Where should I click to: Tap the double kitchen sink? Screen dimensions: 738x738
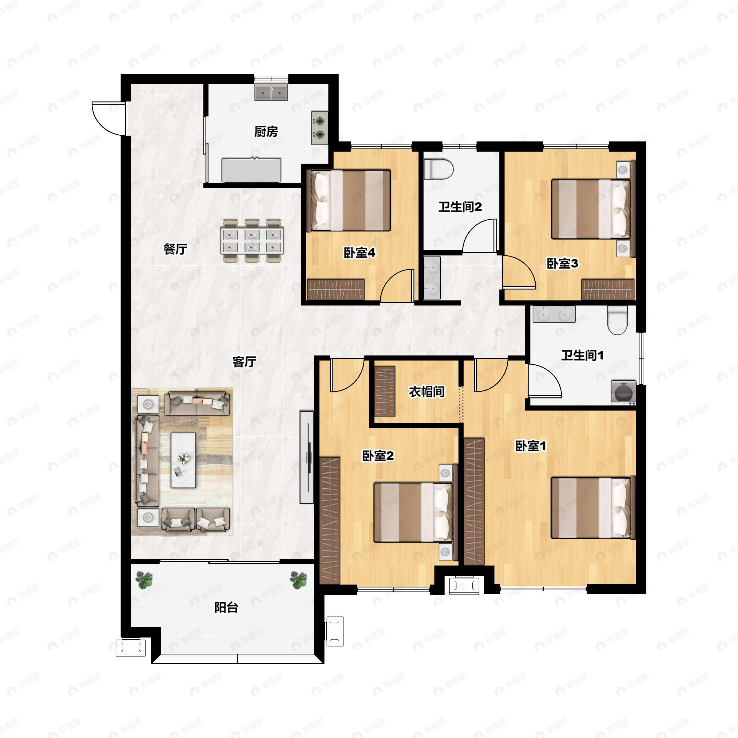pos(271,92)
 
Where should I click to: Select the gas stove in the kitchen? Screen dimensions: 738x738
pos(319,128)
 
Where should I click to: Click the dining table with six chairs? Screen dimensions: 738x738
pos(252,241)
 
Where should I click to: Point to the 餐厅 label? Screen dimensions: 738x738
pos(175,249)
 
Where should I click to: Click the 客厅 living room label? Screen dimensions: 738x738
pos(244,361)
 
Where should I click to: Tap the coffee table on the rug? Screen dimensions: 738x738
pos(183,460)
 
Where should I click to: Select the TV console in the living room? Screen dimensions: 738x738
pos(307,457)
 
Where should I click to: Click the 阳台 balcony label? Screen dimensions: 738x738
pos(227,607)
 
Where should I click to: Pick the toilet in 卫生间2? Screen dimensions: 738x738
pos(439,169)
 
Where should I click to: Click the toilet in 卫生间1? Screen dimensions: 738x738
pos(617,320)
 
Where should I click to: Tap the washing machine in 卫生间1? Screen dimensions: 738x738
pos(623,392)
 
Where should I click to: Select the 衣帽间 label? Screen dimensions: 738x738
pos(427,391)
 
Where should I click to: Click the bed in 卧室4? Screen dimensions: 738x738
pos(351,200)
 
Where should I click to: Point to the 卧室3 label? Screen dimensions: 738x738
pos(562,263)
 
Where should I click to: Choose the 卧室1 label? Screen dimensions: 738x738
pos(530,446)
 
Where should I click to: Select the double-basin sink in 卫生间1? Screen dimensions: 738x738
pos(554,314)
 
